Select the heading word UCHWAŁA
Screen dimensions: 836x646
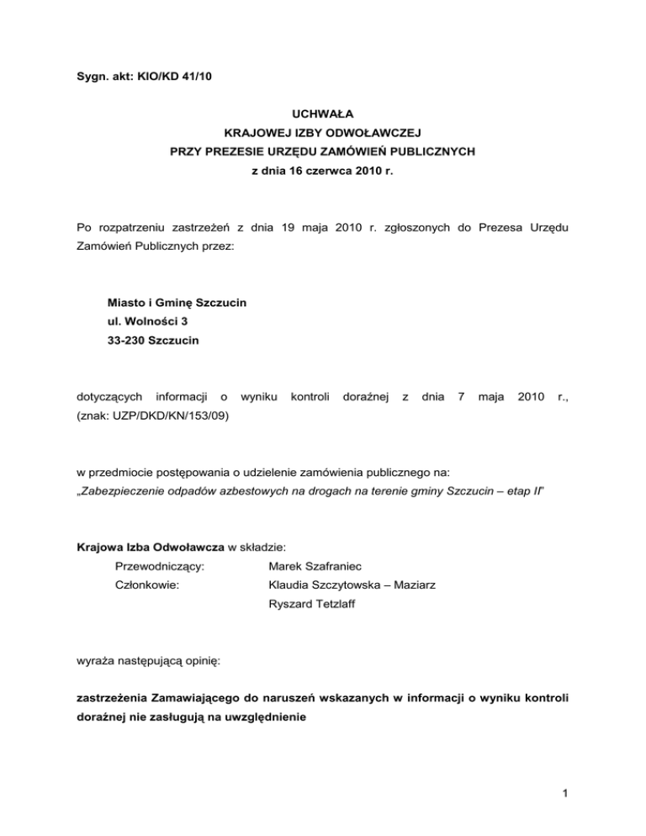[323, 111]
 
